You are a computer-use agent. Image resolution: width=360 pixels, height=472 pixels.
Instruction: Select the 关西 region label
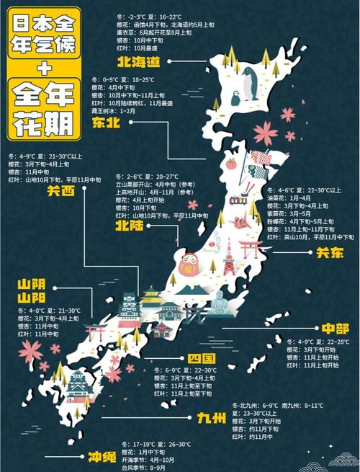62,191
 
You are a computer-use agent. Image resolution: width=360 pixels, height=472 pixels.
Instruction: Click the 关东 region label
326,253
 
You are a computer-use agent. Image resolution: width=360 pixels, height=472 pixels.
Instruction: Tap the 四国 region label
197,359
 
